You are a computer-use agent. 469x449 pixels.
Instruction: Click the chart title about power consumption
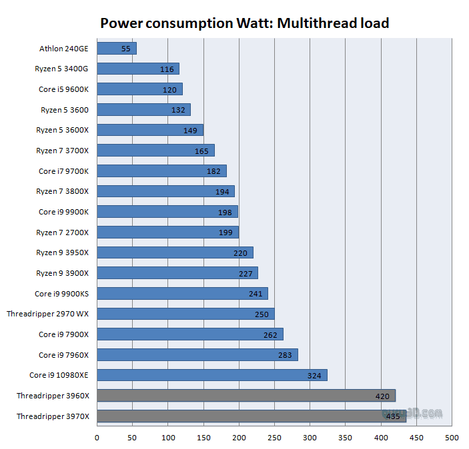(244, 23)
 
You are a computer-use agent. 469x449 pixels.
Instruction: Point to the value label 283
(285, 355)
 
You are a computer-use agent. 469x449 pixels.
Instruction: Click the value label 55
(126, 49)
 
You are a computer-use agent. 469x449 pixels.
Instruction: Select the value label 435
(393, 416)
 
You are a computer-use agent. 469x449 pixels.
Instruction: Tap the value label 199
(225, 232)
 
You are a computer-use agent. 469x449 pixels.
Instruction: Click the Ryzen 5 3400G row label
(61, 69)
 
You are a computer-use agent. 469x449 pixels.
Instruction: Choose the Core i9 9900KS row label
(61, 293)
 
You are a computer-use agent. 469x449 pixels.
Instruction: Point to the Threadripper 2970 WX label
(47, 314)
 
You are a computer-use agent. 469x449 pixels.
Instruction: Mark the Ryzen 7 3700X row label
(62, 151)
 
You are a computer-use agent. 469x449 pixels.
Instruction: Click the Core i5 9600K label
(63, 89)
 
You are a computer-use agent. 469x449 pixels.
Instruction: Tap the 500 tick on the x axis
(452, 438)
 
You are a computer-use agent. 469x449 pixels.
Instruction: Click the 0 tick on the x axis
(97, 438)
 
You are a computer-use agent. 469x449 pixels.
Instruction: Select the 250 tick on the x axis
(274, 438)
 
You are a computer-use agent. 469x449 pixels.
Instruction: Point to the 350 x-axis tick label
(346, 438)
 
